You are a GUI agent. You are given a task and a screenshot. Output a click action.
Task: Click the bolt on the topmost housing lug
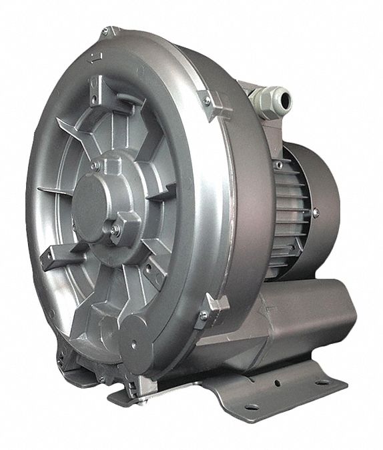(x=105, y=31)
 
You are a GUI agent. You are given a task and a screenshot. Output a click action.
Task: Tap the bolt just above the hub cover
(x=97, y=164)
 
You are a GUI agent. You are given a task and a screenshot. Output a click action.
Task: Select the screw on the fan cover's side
(x=315, y=213)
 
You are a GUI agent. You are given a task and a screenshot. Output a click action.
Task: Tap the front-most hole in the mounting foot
(x=252, y=407)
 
